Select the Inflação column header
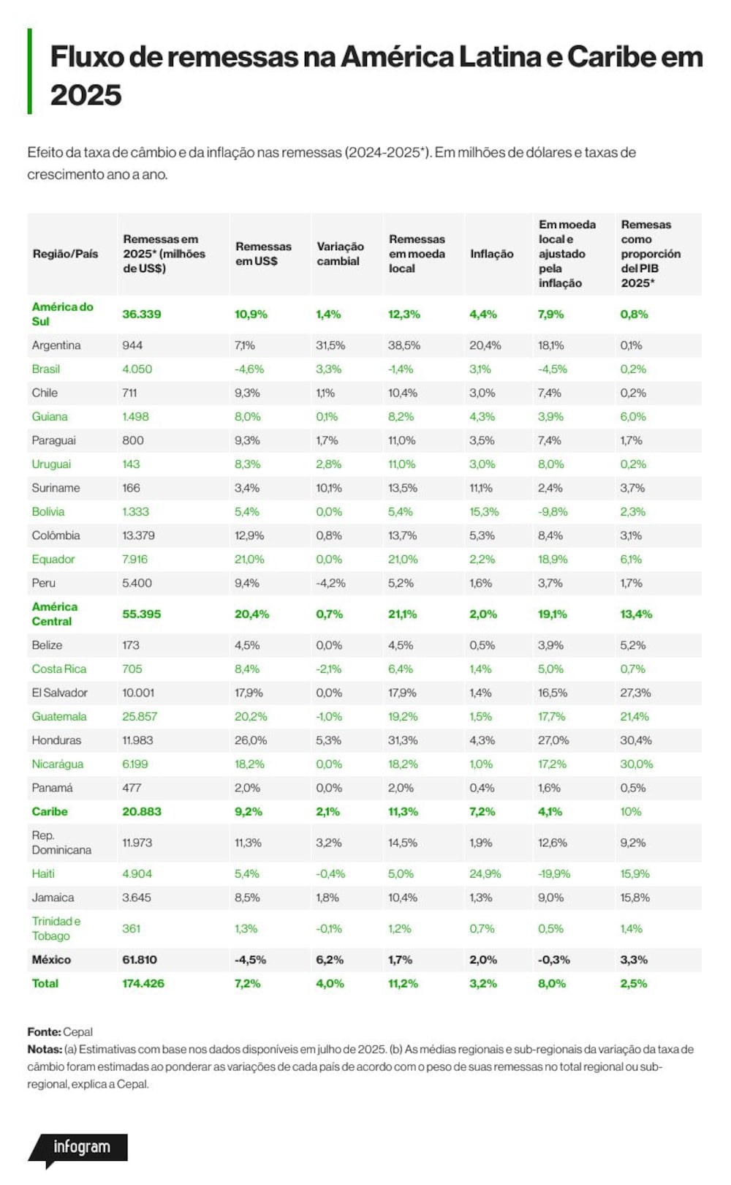491,254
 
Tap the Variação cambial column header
341,254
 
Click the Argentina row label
56,345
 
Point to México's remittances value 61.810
140,960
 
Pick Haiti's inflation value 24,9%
485,874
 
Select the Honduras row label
56,740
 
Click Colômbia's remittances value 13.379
138,535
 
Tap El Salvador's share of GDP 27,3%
635,693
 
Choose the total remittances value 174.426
143,983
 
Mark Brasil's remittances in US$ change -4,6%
249,369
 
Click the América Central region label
54,614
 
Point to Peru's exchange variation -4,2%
330,583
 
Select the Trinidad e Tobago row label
56,928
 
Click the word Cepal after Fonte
77,1031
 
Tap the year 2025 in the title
86,95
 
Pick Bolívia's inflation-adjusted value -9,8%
553,511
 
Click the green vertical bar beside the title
29,72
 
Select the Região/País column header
66,254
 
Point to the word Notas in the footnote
45,1049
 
